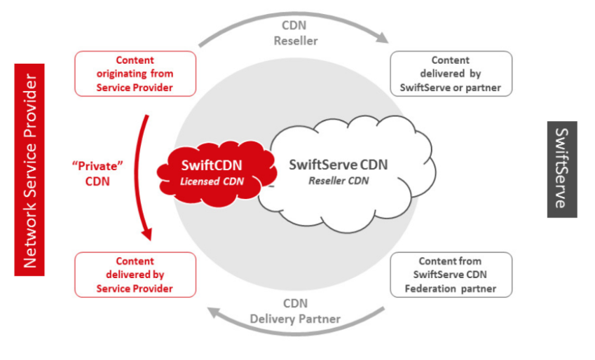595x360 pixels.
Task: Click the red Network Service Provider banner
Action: pyautogui.click(x=29, y=169)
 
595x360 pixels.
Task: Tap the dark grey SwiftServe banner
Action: pyautogui.click(x=562, y=169)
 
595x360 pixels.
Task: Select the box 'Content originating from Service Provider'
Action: pyautogui.click(x=135, y=74)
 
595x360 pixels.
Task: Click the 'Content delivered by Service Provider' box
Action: pyautogui.click(x=135, y=275)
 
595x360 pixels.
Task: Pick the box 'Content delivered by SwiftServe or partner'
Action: pyautogui.click(x=451, y=74)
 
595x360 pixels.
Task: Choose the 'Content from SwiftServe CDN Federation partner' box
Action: pyautogui.click(x=451, y=275)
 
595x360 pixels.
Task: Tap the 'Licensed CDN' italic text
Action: pyautogui.click(x=212, y=181)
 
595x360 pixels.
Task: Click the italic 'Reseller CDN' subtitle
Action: pyautogui.click(x=338, y=181)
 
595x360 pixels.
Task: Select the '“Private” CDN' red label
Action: pyautogui.click(x=97, y=174)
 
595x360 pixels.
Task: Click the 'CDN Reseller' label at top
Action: pyautogui.click(x=296, y=33)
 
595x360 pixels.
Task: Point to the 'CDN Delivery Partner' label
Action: pyautogui.click(x=295, y=311)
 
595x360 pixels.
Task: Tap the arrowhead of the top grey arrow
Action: pyautogui.click(x=383, y=37)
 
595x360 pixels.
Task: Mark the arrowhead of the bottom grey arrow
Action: pyautogui.click(x=214, y=312)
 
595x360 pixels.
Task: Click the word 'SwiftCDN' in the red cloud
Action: pyautogui.click(x=212, y=165)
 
